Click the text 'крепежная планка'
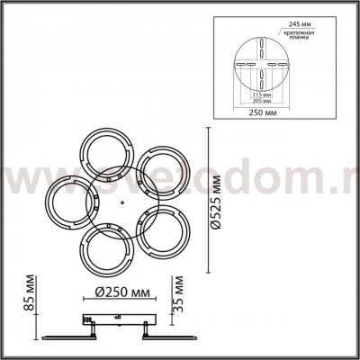tap(298, 34)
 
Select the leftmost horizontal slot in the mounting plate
tap(238, 64)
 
